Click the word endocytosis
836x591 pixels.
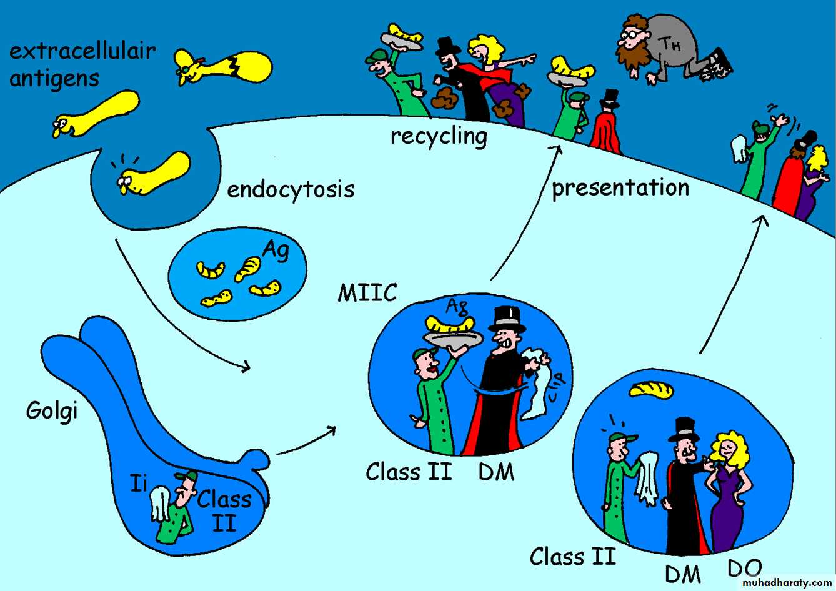(291, 189)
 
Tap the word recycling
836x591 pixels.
(439, 136)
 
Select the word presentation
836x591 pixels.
(620, 187)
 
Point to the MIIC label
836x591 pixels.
(367, 292)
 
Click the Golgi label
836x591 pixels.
(52, 411)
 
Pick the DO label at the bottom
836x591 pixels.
(744, 568)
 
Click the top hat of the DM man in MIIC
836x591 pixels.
(507, 318)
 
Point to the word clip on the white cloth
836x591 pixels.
(555, 387)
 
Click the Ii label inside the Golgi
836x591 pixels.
(139, 482)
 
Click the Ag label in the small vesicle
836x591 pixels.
(275, 250)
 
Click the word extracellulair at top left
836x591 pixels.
(82, 51)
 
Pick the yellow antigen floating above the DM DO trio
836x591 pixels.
(651, 389)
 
